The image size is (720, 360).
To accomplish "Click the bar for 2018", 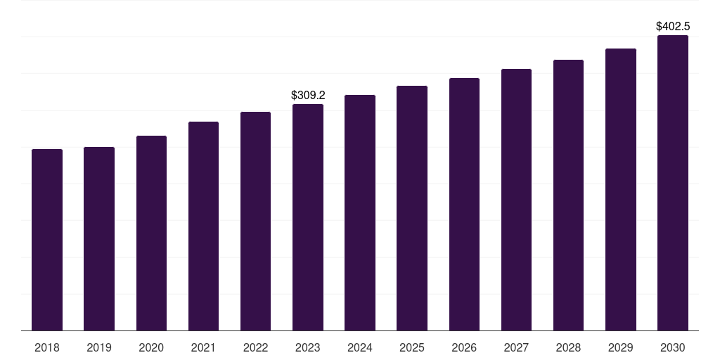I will (47, 240).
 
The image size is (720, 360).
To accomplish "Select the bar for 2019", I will (99, 238).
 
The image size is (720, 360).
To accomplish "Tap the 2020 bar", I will (151, 233).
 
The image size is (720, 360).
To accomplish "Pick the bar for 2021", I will (203, 226).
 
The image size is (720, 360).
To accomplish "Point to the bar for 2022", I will (255, 221).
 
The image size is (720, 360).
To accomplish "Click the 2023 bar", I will (308, 217).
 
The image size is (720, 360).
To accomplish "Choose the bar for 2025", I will (412, 208).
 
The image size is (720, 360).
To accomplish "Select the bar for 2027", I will (516, 200).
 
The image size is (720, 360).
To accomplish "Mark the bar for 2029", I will (621, 189).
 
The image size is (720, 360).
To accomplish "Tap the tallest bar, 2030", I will (673, 183).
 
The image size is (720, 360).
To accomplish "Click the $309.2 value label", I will (308, 95).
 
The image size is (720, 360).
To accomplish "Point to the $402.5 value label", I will (673, 26).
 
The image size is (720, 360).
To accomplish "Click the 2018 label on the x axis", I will (47, 347).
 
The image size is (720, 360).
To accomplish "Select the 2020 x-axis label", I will (151, 347).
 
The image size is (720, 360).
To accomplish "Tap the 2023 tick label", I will (308, 347).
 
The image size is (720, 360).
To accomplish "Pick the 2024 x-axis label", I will (360, 347).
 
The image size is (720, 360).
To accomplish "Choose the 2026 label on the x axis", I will (464, 347).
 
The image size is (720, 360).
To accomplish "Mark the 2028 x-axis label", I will (568, 347).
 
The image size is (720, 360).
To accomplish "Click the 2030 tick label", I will (673, 347).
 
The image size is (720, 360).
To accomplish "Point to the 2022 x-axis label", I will (255, 347).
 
